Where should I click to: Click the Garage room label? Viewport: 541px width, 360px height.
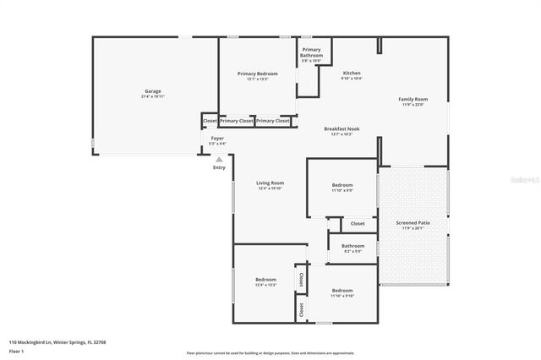click(x=152, y=91)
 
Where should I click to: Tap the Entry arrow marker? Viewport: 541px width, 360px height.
click(x=219, y=159)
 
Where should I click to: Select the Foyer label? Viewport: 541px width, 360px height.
click(x=217, y=138)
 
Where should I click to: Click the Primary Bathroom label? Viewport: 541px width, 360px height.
click(x=311, y=52)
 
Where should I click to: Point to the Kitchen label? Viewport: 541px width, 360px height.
click(x=352, y=74)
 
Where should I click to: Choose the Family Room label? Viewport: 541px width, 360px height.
click(x=413, y=99)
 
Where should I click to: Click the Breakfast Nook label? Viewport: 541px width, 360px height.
click(x=339, y=128)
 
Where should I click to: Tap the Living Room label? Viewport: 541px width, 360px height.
click(x=270, y=183)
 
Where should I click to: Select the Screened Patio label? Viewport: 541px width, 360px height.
click(x=413, y=223)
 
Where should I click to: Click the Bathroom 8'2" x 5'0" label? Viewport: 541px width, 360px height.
click(x=352, y=246)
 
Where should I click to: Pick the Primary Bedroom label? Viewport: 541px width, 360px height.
click(x=257, y=74)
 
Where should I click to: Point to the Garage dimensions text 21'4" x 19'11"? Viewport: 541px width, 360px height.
click(x=152, y=97)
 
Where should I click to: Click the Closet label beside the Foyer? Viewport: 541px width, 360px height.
click(x=209, y=121)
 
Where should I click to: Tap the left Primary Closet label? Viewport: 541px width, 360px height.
click(x=237, y=121)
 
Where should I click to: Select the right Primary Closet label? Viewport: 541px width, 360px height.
click(x=273, y=121)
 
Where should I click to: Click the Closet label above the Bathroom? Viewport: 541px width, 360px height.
click(x=358, y=224)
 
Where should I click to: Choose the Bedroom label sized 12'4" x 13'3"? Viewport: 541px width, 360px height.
click(x=265, y=279)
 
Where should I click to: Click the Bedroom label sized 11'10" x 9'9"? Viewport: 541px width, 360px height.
click(x=342, y=185)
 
